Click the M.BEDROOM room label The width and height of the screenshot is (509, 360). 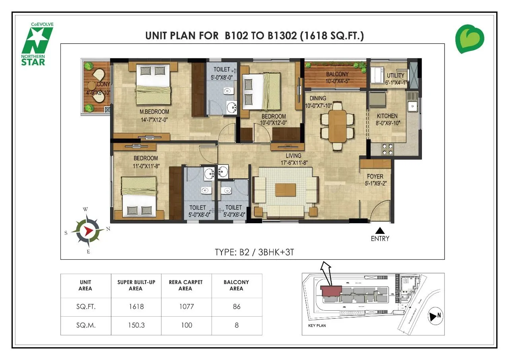154,112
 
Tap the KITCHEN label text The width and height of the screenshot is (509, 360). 387,116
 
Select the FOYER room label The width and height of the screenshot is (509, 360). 375,176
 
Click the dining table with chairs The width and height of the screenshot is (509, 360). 337,126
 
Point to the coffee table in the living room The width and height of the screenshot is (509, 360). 286,190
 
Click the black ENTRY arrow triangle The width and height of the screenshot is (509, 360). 380,230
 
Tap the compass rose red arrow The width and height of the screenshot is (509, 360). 89,230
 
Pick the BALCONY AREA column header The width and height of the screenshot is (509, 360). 236,285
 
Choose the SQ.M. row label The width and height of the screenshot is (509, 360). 85,325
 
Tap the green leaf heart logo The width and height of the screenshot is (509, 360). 470,39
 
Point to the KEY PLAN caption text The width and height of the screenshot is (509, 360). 317,325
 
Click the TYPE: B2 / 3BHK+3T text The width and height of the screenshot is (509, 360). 254,252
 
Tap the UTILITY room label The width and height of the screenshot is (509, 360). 395,75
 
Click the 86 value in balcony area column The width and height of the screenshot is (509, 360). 236,307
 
